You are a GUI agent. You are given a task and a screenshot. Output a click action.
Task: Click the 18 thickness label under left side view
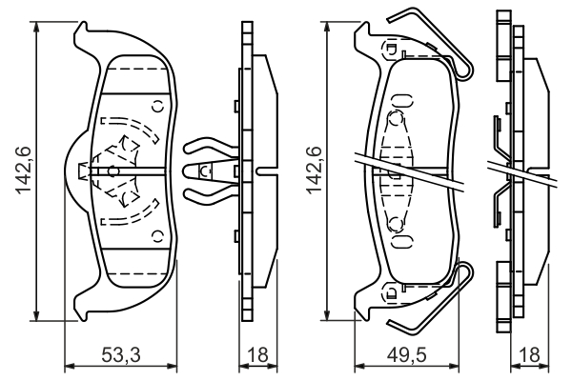point(255,354)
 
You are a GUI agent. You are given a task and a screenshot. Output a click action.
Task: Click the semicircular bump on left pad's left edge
point(72,170)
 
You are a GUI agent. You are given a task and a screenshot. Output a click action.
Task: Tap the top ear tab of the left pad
point(84,33)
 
